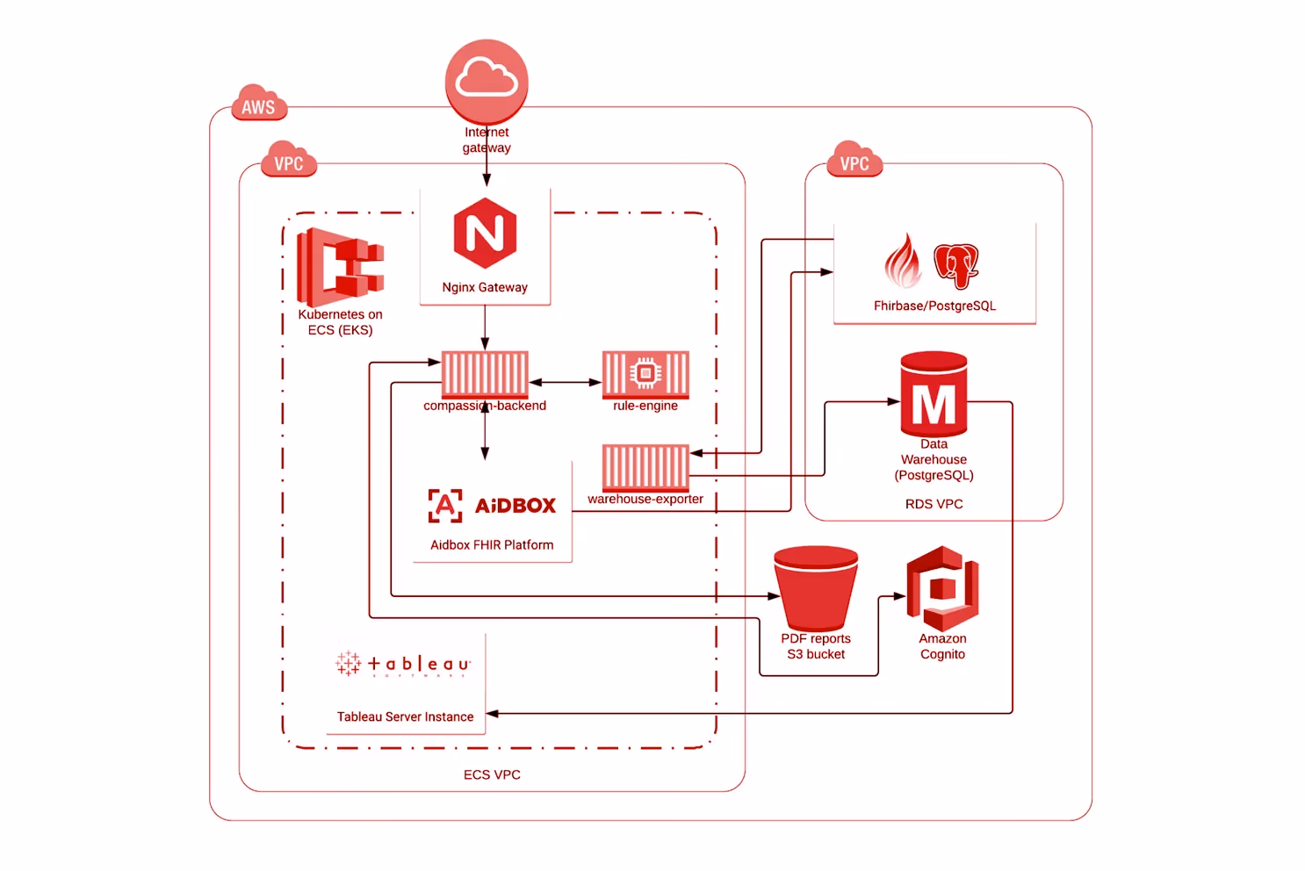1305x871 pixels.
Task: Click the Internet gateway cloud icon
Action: point(487,81)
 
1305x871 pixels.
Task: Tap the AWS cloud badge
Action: point(258,104)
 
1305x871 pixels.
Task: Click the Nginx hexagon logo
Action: point(485,234)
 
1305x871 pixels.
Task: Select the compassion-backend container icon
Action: point(485,374)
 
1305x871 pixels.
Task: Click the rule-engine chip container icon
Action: point(645,374)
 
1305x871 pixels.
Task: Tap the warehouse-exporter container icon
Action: point(645,467)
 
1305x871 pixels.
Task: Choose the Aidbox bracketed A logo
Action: point(445,506)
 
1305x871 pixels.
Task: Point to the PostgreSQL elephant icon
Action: point(955,265)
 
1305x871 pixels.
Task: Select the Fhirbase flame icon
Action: point(903,262)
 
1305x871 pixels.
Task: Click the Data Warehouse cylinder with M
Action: point(934,394)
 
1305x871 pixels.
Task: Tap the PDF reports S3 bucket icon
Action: point(816,587)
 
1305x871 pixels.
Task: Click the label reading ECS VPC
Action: point(492,774)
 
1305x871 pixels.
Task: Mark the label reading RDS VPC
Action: point(934,504)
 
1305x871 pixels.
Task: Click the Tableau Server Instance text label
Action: point(405,716)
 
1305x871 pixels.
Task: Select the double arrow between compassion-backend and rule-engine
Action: point(565,383)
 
